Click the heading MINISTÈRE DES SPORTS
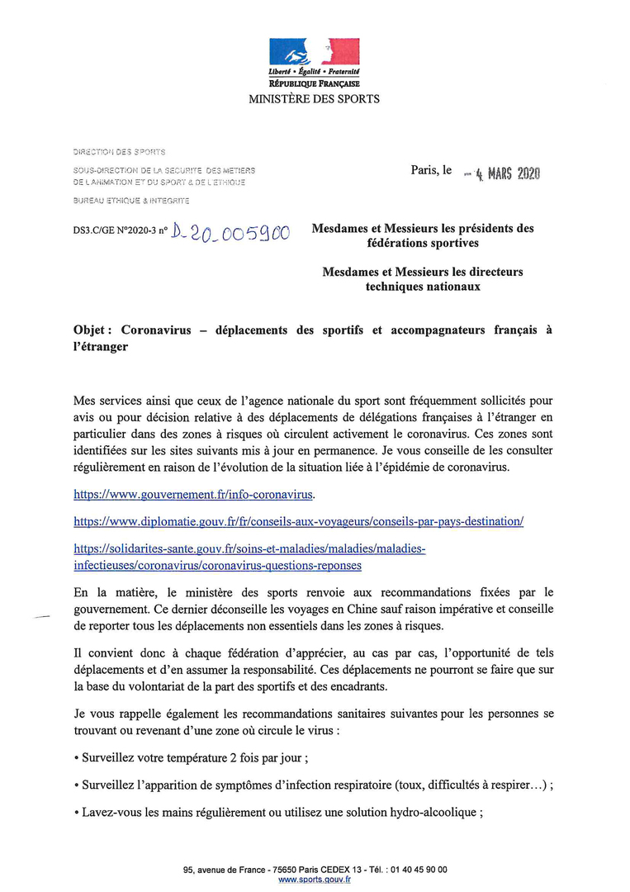pos(315,99)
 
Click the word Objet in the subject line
pos(92,330)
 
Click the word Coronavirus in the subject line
pos(156,330)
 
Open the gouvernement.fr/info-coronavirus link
pos(194,495)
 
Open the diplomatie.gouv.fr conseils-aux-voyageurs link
pos(299,522)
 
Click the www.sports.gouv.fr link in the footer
pos(315,880)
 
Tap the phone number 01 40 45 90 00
pos(418,870)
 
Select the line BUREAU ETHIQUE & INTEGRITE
pos(131,201)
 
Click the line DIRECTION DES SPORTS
pos(120,152)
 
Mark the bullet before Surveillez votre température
pos(76,758)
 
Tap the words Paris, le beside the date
pos(432,170)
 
